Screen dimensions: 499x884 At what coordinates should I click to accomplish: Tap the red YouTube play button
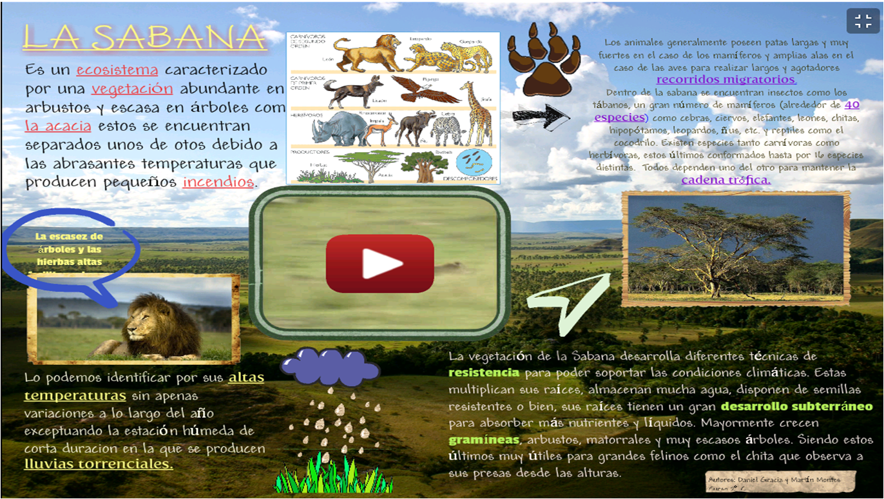[x=380, y=264]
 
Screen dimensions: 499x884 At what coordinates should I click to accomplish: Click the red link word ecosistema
[x=117, y=70]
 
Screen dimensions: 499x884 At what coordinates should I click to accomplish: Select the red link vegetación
[x=132, y=89]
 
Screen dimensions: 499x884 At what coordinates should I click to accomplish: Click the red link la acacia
[x=58, y=126]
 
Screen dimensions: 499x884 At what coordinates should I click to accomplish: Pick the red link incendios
[x=218, y=182]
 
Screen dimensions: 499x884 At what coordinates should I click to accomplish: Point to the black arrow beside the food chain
[x=540, y=117]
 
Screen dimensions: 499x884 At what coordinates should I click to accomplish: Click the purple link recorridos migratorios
[x=726, y=80]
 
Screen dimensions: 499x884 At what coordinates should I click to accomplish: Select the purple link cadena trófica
[x=725, y=181]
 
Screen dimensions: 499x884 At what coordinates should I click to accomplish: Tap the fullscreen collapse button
[x=863, y=21]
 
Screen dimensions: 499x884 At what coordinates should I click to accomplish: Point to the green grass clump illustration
[x=333, y=474]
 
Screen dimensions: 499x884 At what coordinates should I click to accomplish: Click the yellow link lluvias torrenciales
[x=99, y=464]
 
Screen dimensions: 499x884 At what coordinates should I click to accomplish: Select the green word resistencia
[x=484, y=373]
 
